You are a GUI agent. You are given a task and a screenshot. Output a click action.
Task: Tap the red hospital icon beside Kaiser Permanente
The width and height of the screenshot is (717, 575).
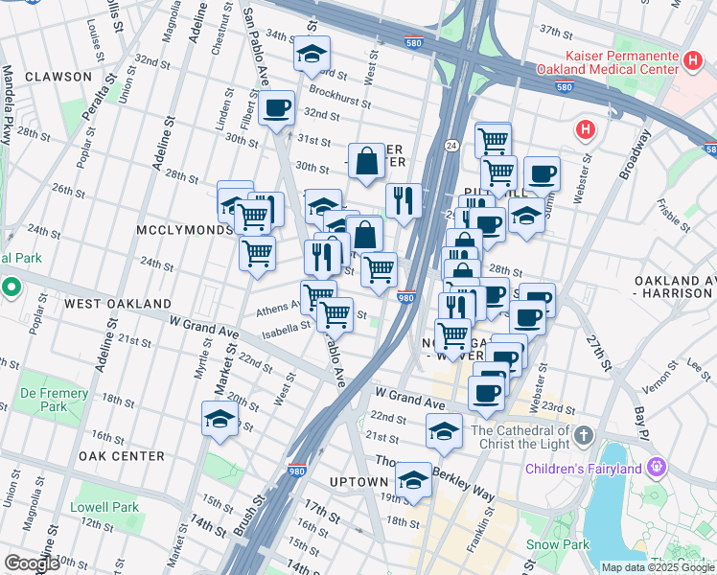click(x=693, y=61)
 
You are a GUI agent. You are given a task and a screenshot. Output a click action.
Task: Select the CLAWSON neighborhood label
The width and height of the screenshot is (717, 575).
click(x=58, y=76)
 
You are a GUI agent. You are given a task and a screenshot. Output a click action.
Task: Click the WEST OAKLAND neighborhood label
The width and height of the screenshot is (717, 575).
click(x=117, y=303)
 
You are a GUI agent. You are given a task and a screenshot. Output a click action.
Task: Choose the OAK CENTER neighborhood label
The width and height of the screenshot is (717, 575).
click(x=122, y=456)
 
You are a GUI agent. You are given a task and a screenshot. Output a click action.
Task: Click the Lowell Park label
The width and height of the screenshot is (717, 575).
click(x=104, y=507)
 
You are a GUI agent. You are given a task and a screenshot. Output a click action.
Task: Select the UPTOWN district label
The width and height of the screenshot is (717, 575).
click(x=358, y=481)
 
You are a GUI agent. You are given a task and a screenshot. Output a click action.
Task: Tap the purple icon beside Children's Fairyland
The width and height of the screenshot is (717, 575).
click(x=656, y=468)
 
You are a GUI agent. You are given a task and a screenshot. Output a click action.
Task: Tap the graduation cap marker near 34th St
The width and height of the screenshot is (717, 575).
click(x=312, y=56)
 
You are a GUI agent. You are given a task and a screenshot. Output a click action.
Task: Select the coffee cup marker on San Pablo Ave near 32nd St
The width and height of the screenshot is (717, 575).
click(x=276, y=107)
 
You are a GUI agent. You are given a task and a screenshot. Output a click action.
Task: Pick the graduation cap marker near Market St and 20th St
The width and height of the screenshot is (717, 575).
click(x=220, y=420)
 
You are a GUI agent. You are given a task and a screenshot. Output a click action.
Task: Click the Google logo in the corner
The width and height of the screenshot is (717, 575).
click(x=33, y=563)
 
